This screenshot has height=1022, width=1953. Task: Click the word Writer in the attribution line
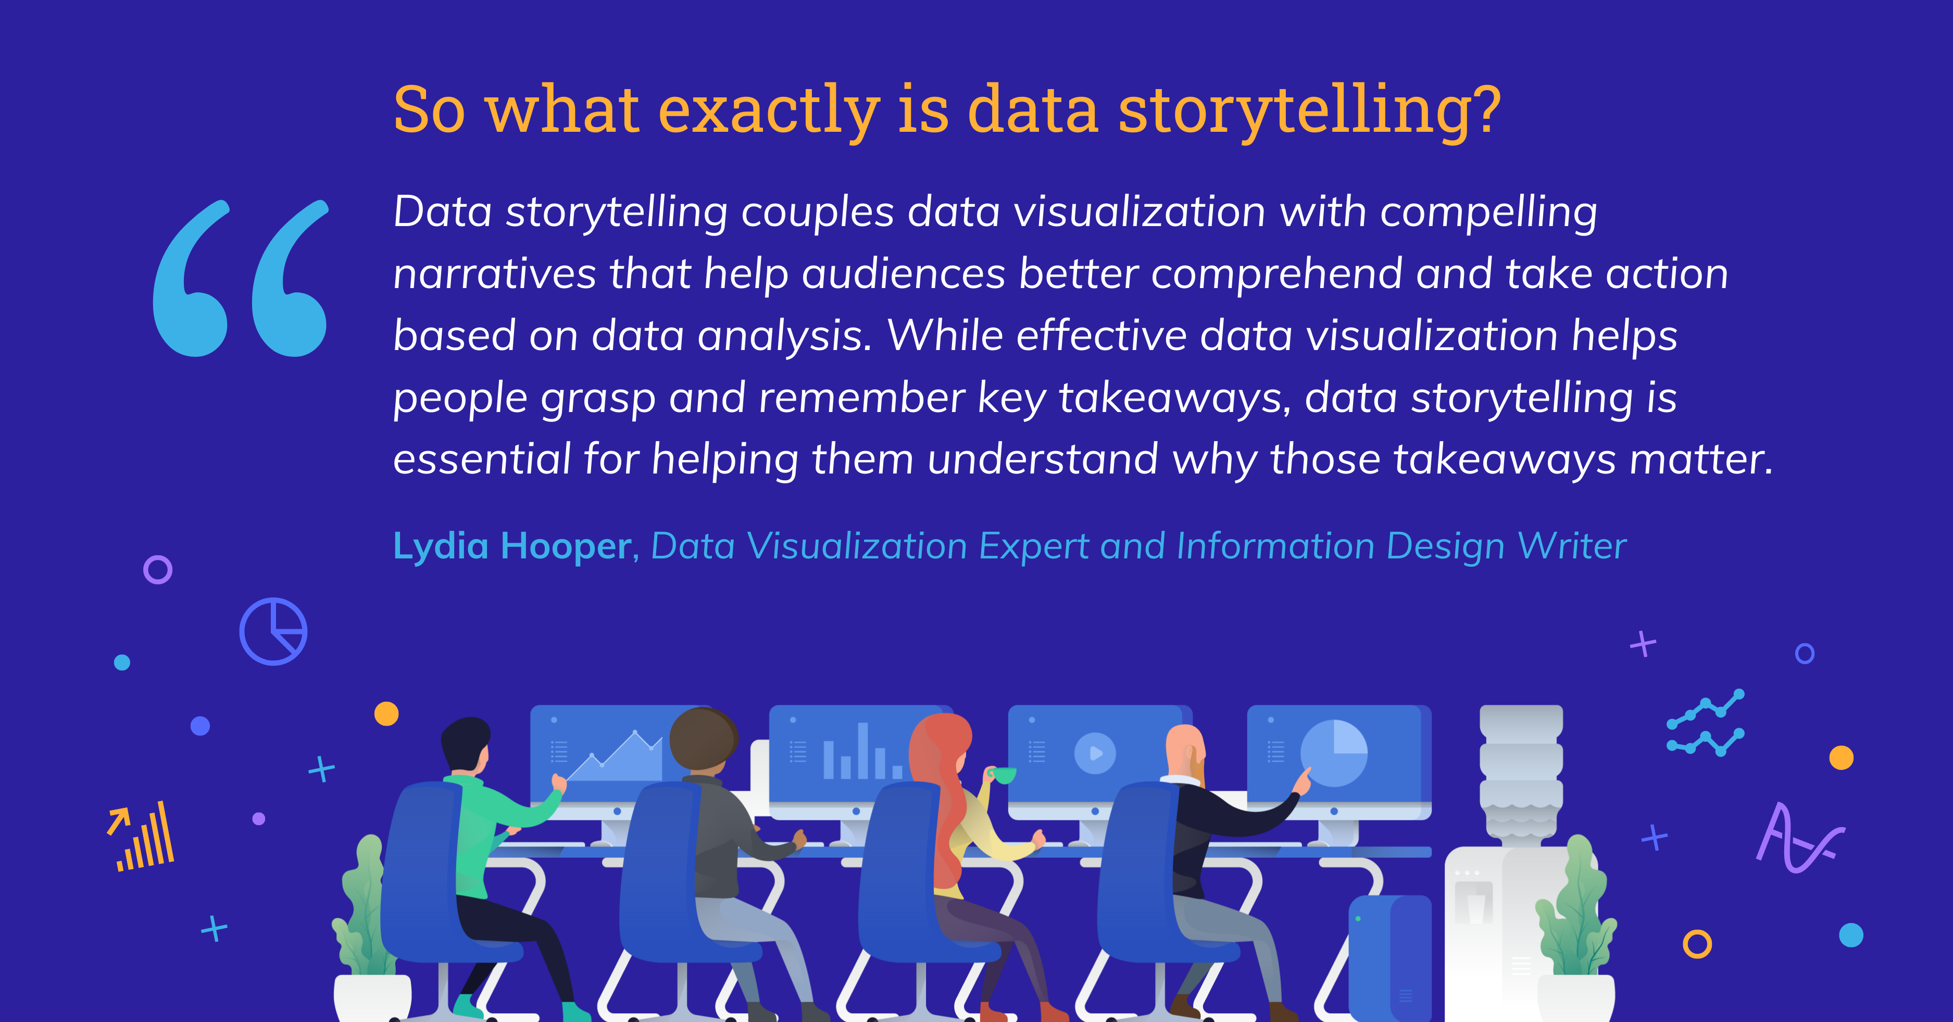pyautogui.click(x=1572, y=546)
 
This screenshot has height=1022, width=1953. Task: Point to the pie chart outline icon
pyautogui.click(x=273, y=631)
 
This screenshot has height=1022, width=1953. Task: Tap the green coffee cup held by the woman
pyautogui.click(x=1002, y=775)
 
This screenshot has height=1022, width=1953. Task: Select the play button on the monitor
pyautogui.click(x=1095, y=753)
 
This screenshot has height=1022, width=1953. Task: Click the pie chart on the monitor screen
pyautogui.click(x=1334, y=753)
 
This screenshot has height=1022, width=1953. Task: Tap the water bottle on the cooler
pyautogui.click(x=1521, y=774)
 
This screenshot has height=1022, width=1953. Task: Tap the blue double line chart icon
pyautogui.click(x=1705, y=722)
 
